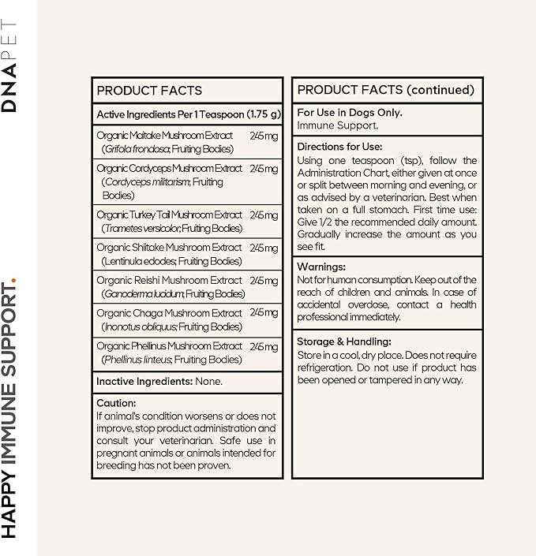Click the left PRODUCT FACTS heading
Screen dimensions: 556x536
(x=149, y=91)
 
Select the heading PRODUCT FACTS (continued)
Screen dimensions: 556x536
(x=385, y=90)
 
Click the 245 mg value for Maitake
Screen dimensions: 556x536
(x=264, y=136)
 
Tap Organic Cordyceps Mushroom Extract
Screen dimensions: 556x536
(x=169, y=168)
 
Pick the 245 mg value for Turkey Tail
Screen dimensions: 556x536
(x=264, y=215)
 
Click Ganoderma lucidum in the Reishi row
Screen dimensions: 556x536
(x=143, y=294)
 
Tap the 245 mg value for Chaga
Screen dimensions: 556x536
(x=264, y=313)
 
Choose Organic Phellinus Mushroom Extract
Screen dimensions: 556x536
(x=169, y=345)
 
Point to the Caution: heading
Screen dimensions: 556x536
(x=117, y=403)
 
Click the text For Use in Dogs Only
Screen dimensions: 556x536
(x=350, y=113)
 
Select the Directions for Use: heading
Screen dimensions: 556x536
(x=339, y=147)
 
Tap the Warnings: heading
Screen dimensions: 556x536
(x=321, y=267)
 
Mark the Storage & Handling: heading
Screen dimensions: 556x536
(x=344, y=341)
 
